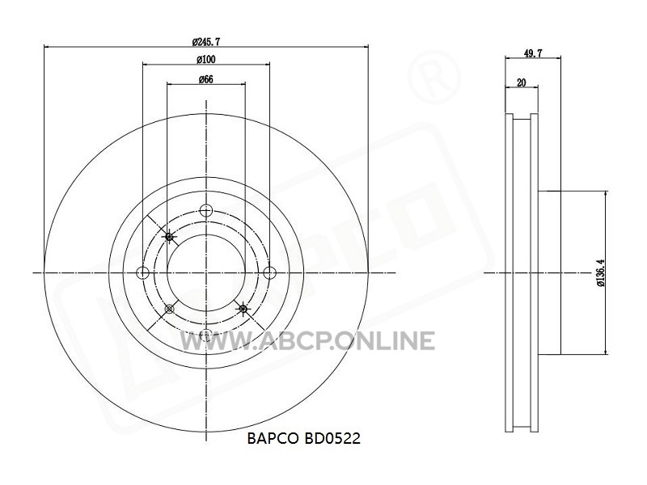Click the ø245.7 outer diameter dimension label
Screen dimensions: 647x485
206,42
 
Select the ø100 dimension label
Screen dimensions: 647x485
206,60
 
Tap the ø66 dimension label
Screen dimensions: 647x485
206,79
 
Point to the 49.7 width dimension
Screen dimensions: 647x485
533,53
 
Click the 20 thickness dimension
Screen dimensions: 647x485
522,82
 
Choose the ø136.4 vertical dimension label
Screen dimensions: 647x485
600,272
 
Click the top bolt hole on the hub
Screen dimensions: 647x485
205,210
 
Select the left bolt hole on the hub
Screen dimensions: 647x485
143,272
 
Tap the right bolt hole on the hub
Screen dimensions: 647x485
269,272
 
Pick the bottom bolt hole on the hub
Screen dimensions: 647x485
205,335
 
